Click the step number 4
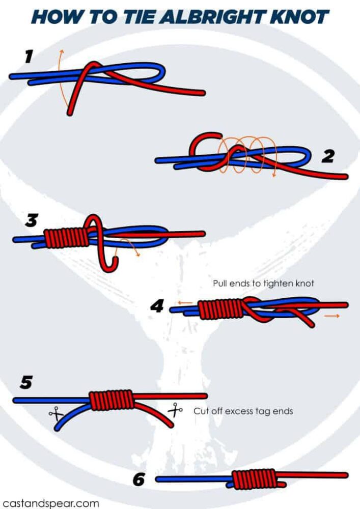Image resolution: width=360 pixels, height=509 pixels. click(x=157, y=306)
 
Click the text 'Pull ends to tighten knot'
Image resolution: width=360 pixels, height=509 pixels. click(x=263, y=283)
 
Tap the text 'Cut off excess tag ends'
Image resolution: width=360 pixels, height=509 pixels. click(x=243, y=411)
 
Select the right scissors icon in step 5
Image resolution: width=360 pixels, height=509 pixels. click(x=176, y=409)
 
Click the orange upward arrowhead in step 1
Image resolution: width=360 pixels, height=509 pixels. click(x=61, y=51)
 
